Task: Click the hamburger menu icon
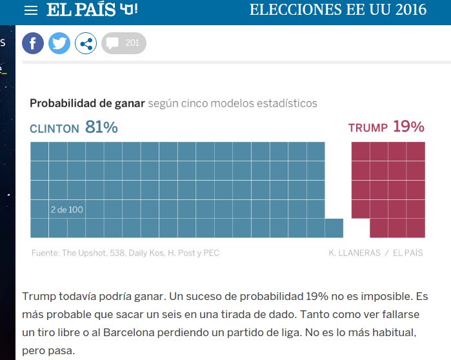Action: click(30, 10)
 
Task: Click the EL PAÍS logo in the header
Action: click(92, 10)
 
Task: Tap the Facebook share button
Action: click(33, 43)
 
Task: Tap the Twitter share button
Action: click(59, 43)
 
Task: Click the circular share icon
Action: click(86, 43)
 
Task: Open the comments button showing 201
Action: click(124, 43)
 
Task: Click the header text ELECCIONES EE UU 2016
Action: click(337, 10)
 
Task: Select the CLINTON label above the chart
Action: click(54, 129)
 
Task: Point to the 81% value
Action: click(101, 128)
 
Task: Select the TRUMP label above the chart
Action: click(368, 128)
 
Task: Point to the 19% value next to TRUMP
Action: click(408, 127)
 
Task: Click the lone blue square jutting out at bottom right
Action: click(334, 228)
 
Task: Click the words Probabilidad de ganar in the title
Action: click(87, 103)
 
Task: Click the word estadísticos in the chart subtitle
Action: click(288, 103)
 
